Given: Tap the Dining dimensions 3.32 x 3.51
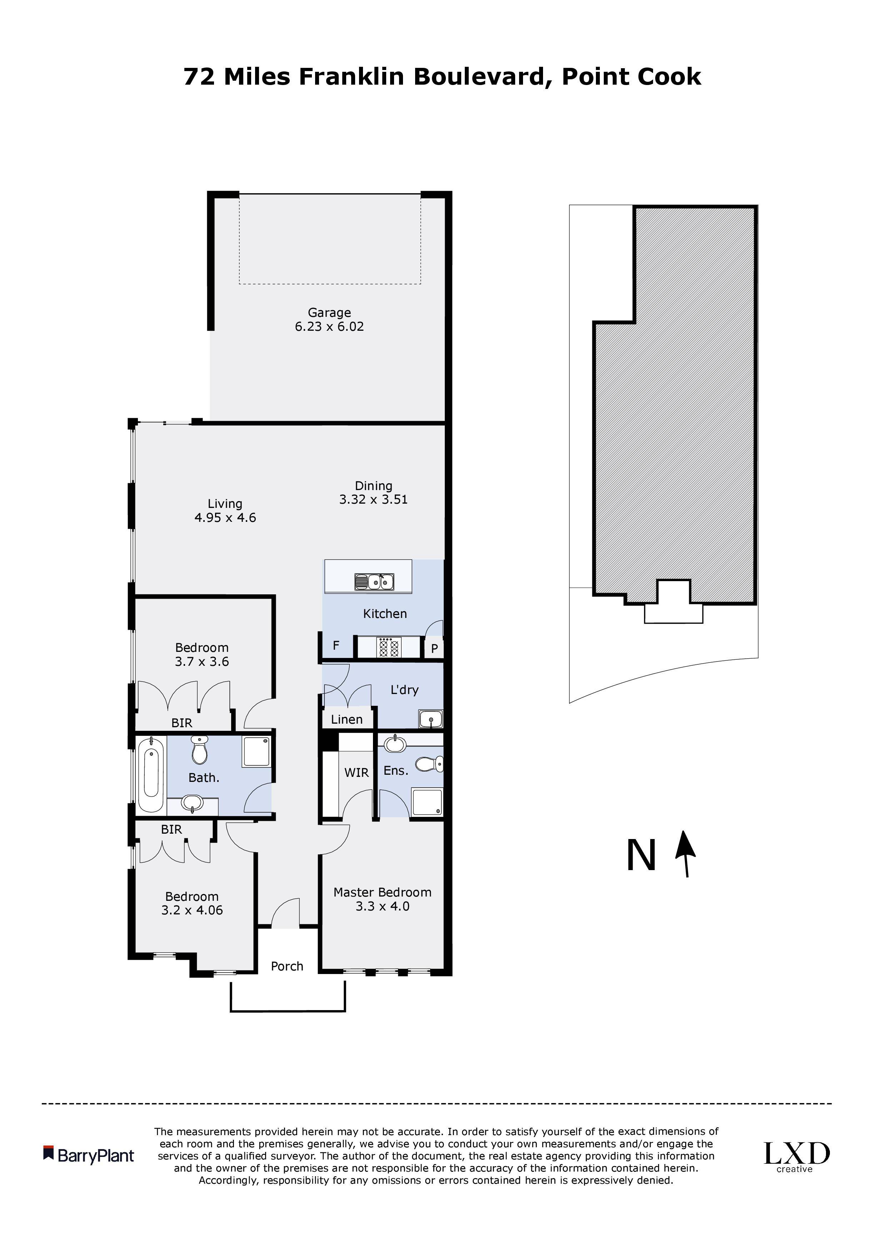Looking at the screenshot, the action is click(x=373, y=499).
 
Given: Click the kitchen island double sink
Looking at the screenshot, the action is click(x=374, y=582).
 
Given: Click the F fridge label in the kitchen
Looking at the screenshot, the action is click(x=336, y=645).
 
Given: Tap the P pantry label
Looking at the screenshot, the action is click(x=434, y=649).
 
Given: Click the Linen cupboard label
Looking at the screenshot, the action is click(x=347, y=719).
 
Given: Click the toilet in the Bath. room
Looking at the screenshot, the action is click(x=199, y=750).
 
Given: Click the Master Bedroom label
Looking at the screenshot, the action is click(x=382, y=892).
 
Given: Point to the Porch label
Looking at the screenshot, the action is click(x=287, y=967).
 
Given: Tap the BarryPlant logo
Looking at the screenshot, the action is click(x=89, y=1155).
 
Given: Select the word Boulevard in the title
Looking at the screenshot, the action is click(x=479, y=76).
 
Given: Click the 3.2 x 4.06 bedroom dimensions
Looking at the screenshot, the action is click(x=192, y=910).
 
